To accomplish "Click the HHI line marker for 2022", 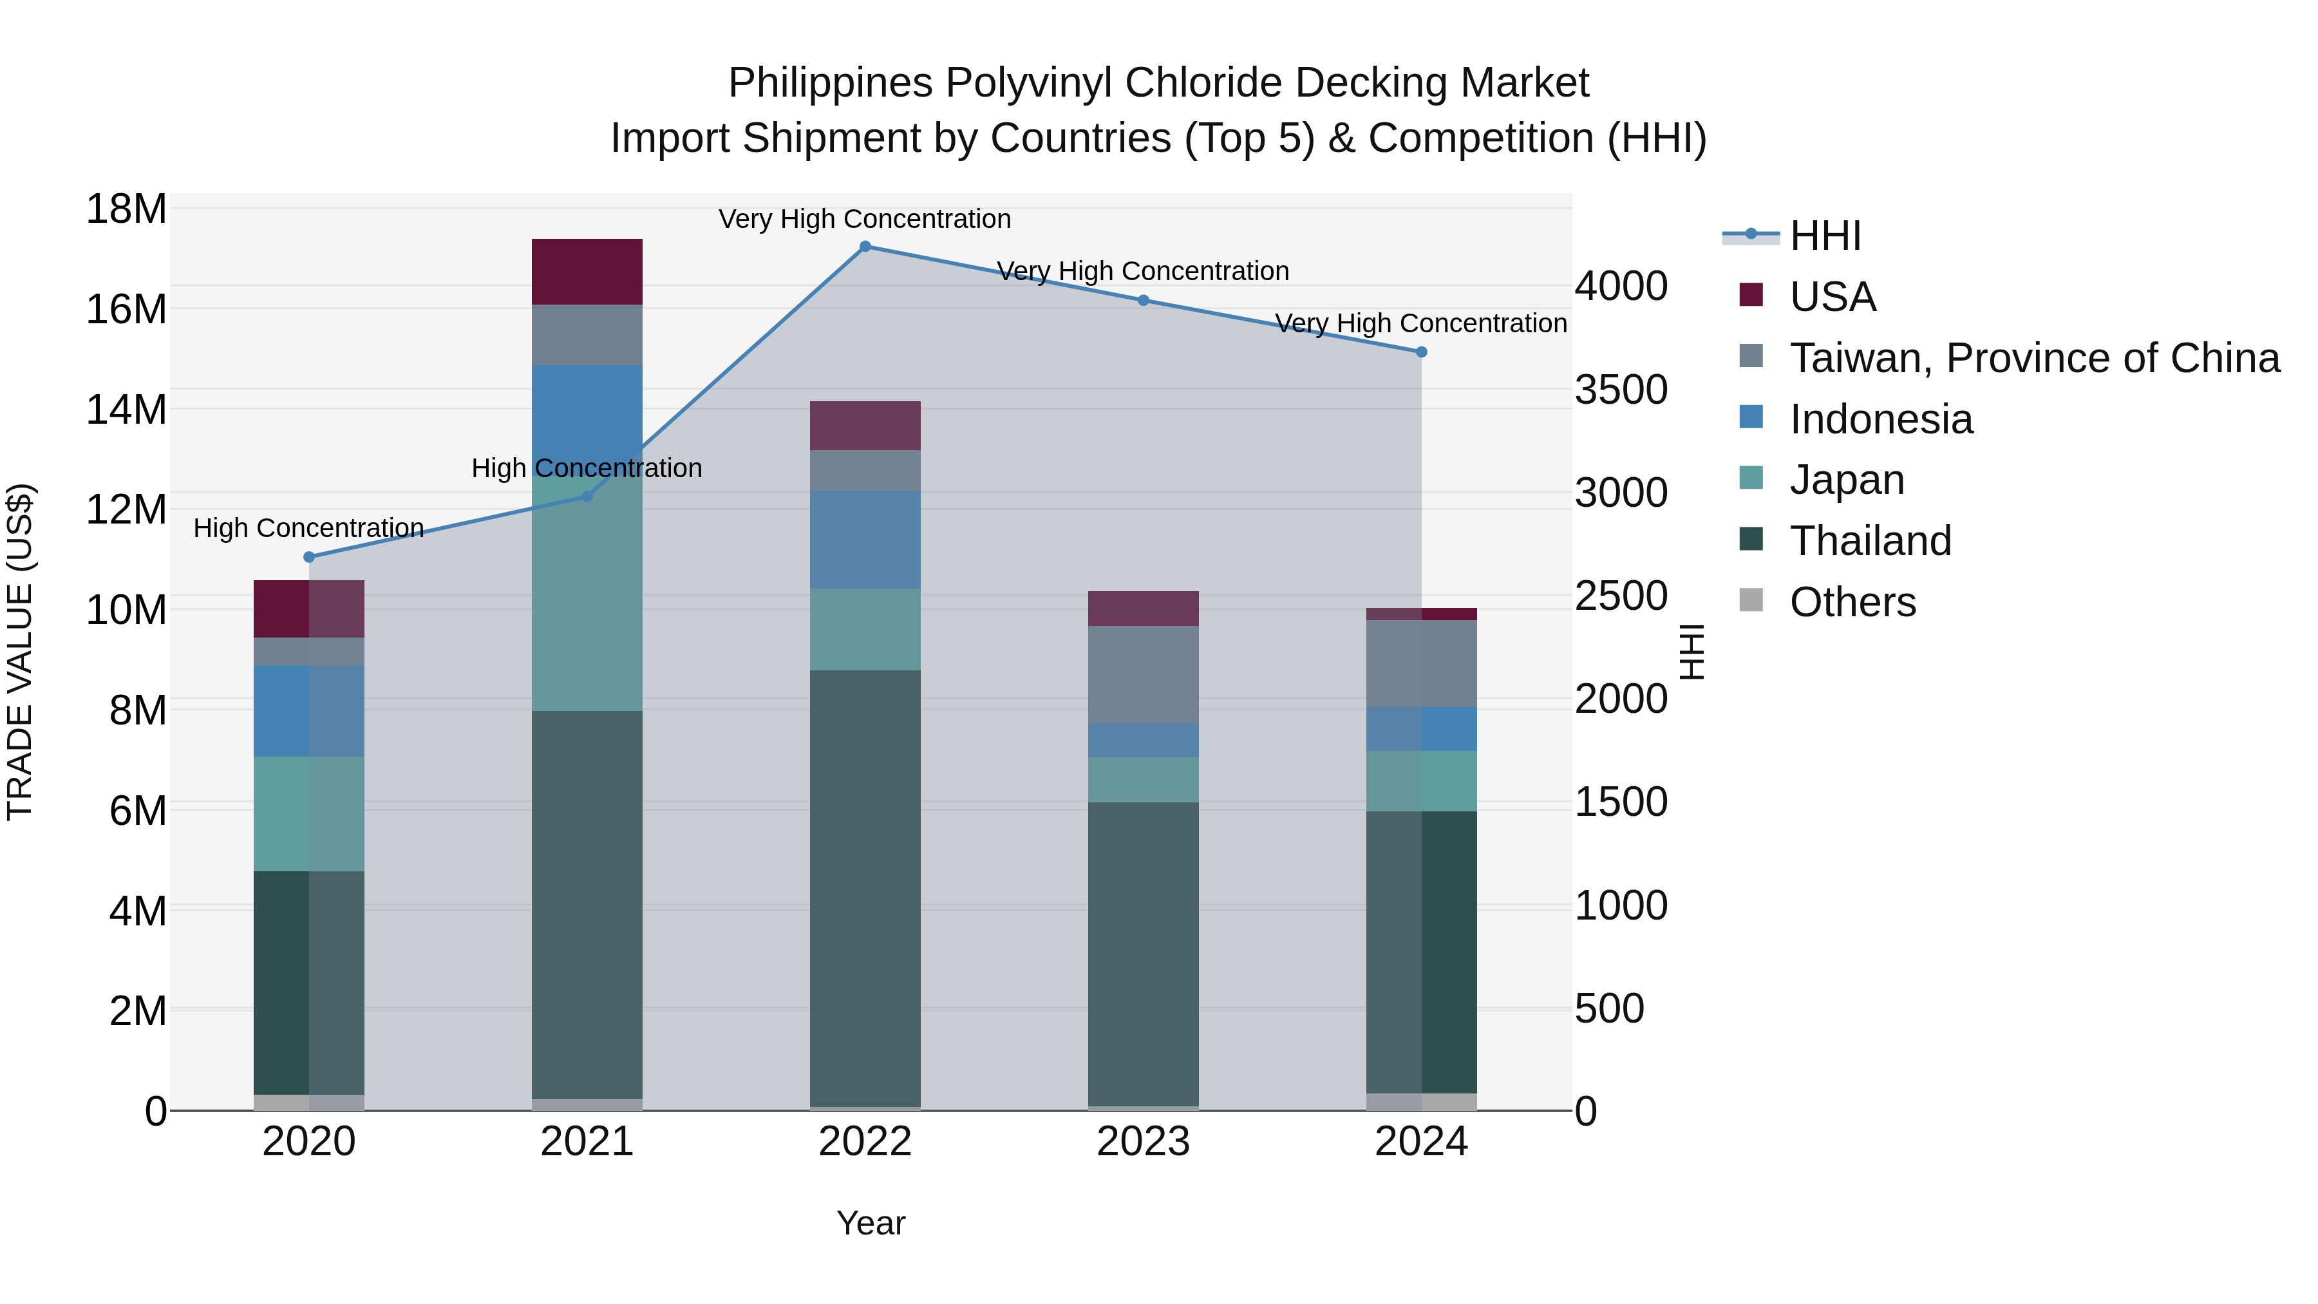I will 865,246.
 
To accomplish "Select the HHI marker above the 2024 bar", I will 1421,352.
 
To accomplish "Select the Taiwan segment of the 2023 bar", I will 1143,675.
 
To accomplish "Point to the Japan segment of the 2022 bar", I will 865,629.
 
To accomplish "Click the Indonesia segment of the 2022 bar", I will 865,540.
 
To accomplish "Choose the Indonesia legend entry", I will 1881,419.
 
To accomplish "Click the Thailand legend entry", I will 1870,541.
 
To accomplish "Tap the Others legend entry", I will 1852,602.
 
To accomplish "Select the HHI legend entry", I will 1825,236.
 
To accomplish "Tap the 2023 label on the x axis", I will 1143,1142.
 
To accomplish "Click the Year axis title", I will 870,1223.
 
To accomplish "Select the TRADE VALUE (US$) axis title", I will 20,652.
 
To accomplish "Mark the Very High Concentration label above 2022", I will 865,219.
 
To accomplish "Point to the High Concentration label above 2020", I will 308,528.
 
